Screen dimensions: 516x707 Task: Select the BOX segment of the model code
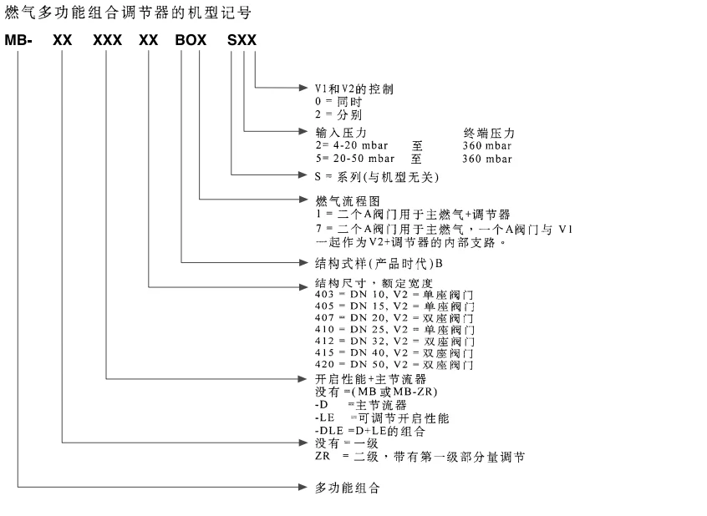click(191, 40)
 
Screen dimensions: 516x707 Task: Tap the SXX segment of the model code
click(242, 40)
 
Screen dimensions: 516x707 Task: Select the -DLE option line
click(364, 432)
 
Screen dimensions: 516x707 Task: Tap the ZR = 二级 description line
click(414, 456)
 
